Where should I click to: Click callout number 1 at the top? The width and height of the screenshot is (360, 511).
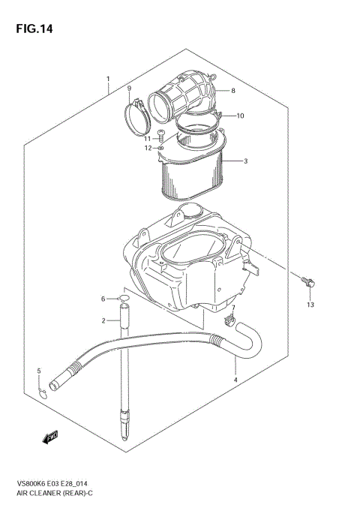[x=109, y=79]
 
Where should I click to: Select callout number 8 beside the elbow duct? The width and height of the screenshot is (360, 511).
[x=233, y=91]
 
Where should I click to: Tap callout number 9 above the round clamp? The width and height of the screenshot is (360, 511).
[x=128, y=89]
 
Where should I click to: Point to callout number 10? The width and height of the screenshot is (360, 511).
[x=241, y=116]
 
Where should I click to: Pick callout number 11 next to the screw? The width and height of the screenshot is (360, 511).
[x=148, y=138]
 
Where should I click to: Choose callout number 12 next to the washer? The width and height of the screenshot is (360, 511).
[x=148, y=148]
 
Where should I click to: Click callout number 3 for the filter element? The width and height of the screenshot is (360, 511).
[x=244, y=161]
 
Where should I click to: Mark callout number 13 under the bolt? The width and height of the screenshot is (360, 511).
[x=310, y=305]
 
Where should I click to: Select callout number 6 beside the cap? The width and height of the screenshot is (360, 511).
[x=103, y=299]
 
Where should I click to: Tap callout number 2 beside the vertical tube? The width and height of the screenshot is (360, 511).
[x=103, y=321]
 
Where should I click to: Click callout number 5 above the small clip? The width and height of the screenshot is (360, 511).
[x=39, y=371]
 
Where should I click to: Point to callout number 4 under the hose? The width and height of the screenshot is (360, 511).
[x=235, y=380]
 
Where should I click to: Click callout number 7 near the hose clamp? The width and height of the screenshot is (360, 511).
[x=233, y=308]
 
